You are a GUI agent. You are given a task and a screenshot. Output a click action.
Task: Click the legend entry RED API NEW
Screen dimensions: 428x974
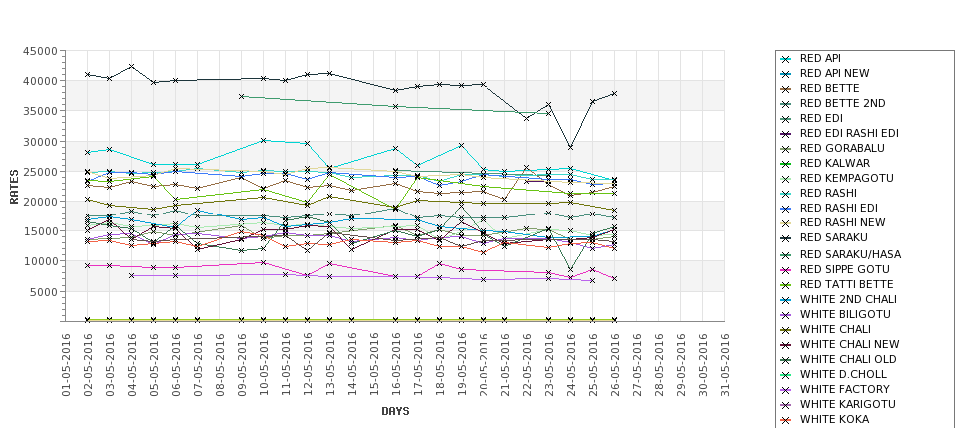coord(834,73)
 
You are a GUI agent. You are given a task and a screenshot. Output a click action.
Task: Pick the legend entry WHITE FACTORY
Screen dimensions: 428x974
coord(836,389)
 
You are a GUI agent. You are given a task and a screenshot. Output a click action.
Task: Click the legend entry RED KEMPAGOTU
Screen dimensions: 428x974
coord(841,178)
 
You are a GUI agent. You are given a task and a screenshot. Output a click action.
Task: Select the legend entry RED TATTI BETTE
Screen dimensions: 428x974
coord(841,284)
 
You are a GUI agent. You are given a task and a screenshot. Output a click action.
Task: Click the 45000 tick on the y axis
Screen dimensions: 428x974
coord(40,51)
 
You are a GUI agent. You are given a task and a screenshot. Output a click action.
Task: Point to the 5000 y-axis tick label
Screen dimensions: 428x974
coord(43,291)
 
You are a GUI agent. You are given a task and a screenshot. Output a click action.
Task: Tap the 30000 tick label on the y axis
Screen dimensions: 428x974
coord(40,142)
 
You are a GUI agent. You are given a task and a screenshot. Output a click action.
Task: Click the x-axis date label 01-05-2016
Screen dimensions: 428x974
coord(66,364)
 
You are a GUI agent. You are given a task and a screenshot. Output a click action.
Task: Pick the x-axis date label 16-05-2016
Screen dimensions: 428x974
coord(396,364)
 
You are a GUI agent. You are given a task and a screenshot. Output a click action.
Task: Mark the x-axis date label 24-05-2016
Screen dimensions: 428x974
coord(570,364)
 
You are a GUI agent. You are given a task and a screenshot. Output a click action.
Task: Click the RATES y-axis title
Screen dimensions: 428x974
coord(14,186)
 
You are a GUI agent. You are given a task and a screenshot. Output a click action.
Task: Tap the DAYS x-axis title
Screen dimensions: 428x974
coord(395,411)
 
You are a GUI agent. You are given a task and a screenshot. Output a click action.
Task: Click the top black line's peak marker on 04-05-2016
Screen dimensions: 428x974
coord(132,67)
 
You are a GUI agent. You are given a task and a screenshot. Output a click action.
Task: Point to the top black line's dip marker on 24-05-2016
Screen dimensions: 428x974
coord(570,147)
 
